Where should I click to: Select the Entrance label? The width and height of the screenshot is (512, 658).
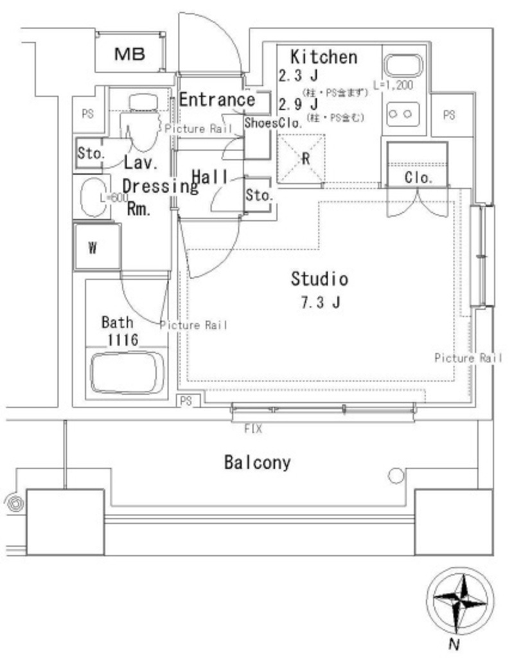coord(216,100)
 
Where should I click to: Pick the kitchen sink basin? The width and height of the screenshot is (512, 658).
coord(402,66)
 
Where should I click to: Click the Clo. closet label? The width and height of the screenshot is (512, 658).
coord(418,177)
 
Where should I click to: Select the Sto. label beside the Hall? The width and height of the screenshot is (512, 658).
coord(260,196)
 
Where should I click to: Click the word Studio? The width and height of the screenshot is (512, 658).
coord(319,279)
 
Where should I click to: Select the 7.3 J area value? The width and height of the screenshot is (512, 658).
coord(319,302)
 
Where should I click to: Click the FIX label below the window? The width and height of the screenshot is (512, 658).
coord(253,429)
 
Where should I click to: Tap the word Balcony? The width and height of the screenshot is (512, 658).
coord(257,462)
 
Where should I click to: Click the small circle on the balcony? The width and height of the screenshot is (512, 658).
coord(396,476)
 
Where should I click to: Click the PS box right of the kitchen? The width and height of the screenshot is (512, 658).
coord(449,116)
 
